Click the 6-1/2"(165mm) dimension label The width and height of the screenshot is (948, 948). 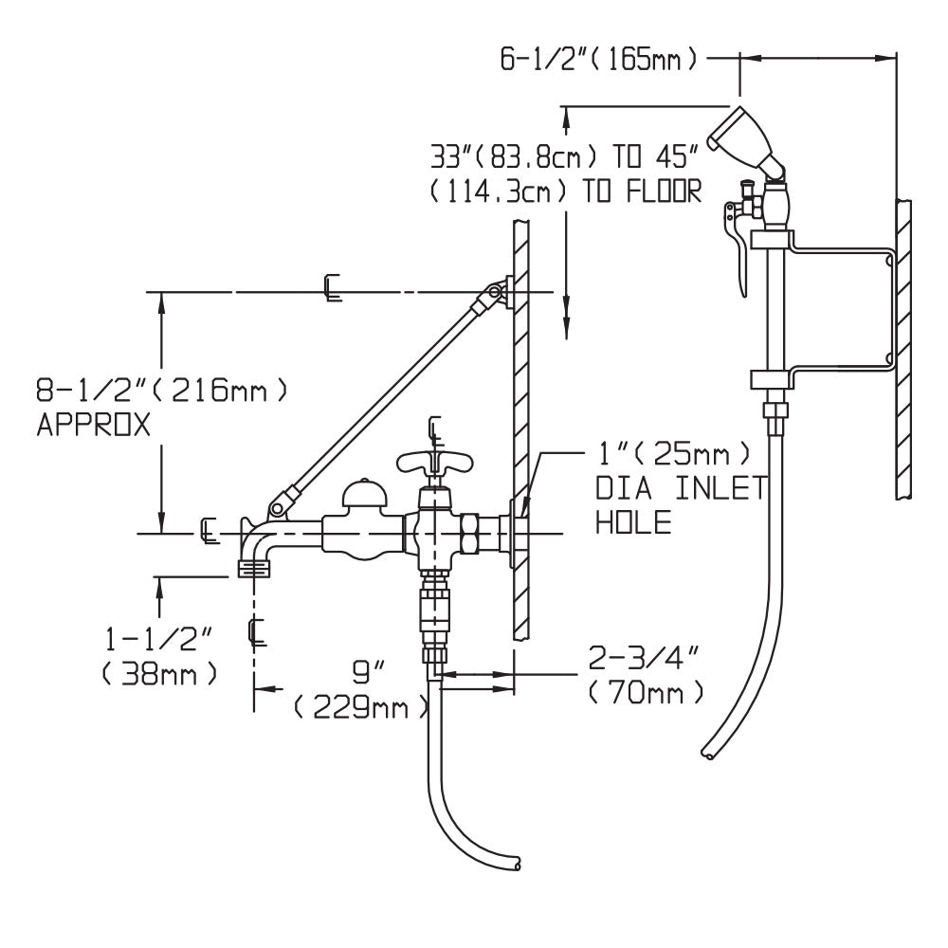[600, 59]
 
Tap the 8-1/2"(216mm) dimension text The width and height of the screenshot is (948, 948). [161, 390]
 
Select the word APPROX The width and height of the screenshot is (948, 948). [93, 427]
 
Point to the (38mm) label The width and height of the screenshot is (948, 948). [159, 674]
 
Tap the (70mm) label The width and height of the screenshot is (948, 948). [646, 692]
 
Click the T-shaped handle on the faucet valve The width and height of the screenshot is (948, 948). [433, 464]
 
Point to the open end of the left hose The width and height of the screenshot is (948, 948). [514, 864]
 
